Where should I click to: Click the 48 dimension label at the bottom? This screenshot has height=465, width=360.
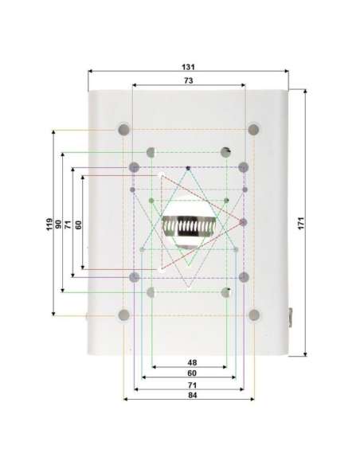click(x=191, y=362)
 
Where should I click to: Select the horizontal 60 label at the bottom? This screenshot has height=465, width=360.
click(x=191, y=373)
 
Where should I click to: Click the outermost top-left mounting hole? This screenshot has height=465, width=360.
click(x=123, y=128)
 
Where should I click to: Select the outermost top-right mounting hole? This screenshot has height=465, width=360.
click(x=254, y=128)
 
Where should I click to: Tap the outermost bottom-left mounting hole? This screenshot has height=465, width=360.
click(x=123, y=315)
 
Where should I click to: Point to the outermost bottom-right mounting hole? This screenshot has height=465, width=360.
click(x=254, y=315)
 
